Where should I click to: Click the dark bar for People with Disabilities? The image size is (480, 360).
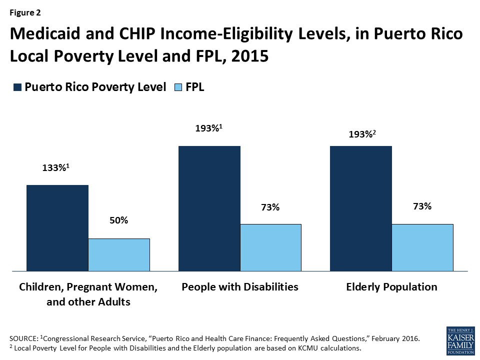pyautogui.click(x=209, y=208)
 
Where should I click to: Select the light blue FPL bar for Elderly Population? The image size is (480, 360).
pyautogui.click(x=422, y=247)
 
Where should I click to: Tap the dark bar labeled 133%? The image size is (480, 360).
pyautogui.click(x=57, y=228)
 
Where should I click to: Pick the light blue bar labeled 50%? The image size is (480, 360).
pyautogui.click(x=119, y=255)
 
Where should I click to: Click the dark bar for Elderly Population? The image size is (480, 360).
pyautogui.click(x=360, y=208)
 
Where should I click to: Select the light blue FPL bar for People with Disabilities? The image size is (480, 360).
pyautogui.click(x=270, y=247)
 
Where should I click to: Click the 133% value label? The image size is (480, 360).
pyautogui.click(x=55, y=168)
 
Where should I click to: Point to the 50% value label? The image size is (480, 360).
pyautogui.click(x=119, y=220)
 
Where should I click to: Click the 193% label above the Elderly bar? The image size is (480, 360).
pyautogui.click(x=359, y=134)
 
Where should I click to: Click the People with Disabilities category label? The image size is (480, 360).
pyautogui.click(x=240, y=287)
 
